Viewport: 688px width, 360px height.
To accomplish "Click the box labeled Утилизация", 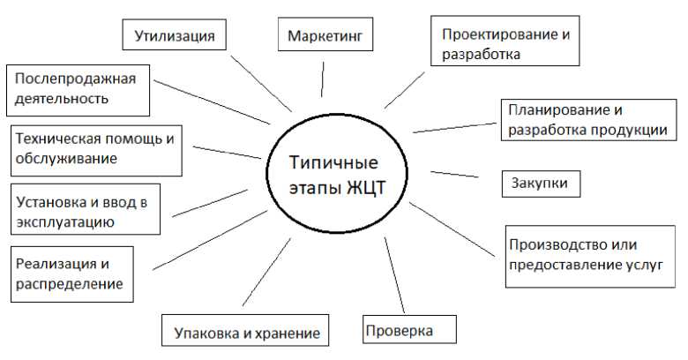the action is [x=174, y=36].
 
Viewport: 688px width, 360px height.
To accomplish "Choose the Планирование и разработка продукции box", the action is [x=589, y=121].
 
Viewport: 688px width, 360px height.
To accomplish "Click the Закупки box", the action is [x=541, y=184].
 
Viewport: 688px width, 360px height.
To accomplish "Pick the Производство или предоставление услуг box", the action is [x=584, y=254].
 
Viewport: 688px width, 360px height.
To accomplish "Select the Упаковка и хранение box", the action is [x=240, y=333].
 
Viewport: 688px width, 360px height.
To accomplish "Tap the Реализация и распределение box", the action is [x=71, y=274].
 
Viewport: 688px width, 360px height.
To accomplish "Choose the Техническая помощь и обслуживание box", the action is [x=95, y=148].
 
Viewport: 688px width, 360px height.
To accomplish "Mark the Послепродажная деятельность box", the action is [x=79, y=87].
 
